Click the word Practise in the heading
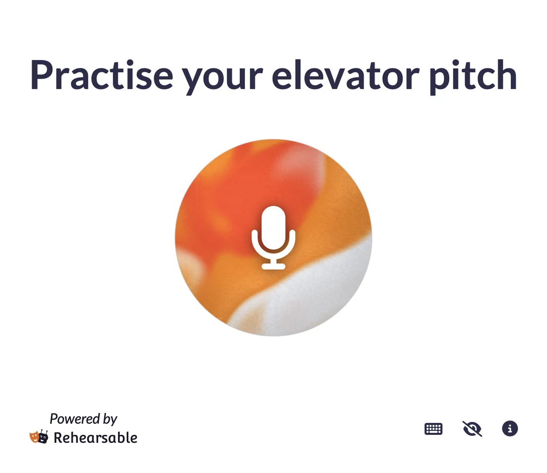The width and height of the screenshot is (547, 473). [102, 75]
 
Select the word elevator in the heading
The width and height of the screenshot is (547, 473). [346, 75]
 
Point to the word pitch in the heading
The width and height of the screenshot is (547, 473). [473, 77]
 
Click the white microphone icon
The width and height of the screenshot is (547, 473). [273, 238]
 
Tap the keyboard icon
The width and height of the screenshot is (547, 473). [433, 429]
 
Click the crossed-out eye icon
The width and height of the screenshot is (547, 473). [472, 429]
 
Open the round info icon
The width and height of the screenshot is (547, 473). [510, 428]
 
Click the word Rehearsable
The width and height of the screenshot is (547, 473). [95, 438]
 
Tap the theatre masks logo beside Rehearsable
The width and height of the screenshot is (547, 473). [39, 437]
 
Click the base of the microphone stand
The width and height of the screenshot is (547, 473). [273, 266]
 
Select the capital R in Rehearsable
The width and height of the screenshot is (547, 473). [58, 438]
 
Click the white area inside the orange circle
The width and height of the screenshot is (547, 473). [307, 300]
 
